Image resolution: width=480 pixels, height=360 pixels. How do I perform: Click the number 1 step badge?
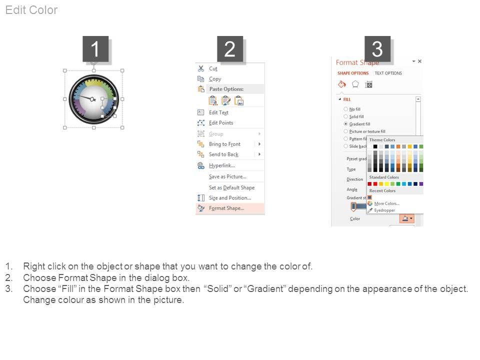click(x=95, y=49)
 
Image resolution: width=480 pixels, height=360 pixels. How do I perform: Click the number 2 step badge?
click(x=230, y=49)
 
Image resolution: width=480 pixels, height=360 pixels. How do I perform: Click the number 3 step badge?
click(x=377, y=49)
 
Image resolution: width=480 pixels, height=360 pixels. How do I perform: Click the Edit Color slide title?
click(x=31, y=10)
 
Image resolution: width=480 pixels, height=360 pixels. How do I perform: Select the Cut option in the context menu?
click(x=213, y=68)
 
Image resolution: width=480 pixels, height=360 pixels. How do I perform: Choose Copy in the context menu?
click(x=215, y=79)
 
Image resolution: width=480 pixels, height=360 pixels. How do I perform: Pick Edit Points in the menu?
click(x=221, y=123)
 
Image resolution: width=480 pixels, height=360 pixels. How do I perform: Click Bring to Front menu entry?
click(x=224, y=144)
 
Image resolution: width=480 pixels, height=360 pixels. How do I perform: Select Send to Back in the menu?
click(x=223, y=154)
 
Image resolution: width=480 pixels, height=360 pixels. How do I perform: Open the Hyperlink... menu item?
click(x=222, y=165)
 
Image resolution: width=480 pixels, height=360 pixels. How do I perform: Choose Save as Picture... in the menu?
click(x=227, y=176)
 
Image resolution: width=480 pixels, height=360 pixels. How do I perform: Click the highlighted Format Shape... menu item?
click(x=226, y=208)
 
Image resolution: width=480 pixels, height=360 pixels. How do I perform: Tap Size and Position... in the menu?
click(x=229, y=198)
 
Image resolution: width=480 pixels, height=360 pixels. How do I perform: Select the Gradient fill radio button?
click(x=346, y=124)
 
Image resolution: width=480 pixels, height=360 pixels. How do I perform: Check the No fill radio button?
click(x=346, y=109)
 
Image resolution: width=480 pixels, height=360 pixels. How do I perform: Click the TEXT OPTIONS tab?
click(x=388, y=73)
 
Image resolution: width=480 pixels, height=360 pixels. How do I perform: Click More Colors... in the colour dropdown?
click(x=386, y=203)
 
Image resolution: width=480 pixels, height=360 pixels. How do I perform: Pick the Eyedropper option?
click(x=384, y=210)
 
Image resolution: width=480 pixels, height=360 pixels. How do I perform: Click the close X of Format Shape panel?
click(x=419, y=61)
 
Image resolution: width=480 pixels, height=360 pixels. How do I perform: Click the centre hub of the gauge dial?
click(x=92, y=99)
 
